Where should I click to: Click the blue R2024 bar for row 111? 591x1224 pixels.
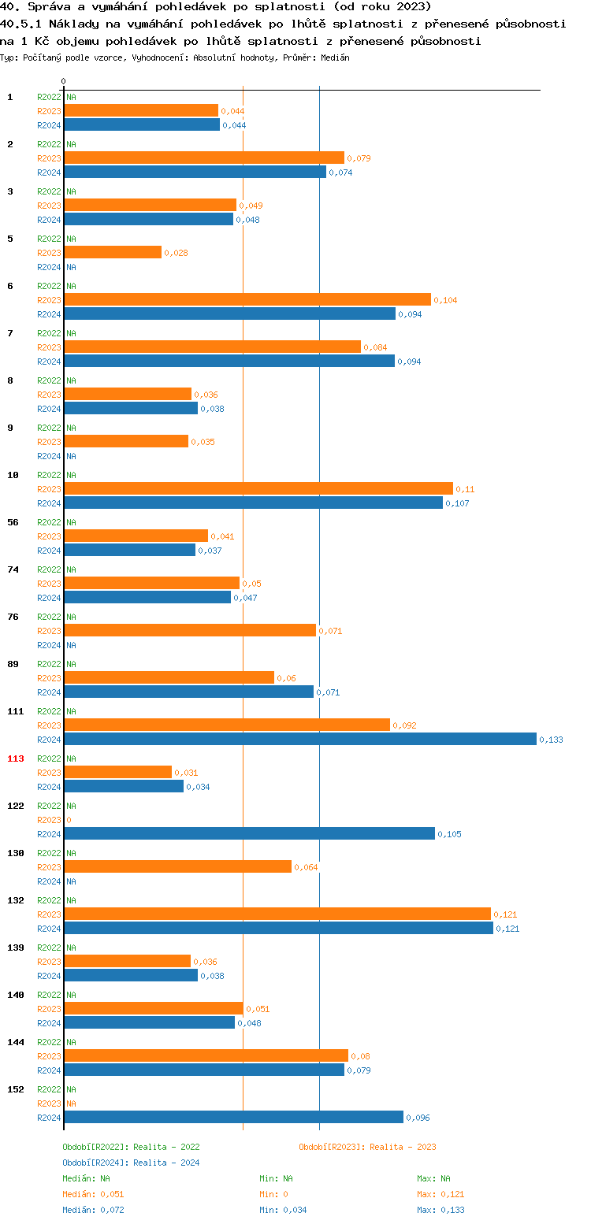300,739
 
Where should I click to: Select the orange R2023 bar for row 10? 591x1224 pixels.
258,488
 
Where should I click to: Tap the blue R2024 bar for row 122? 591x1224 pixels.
249,833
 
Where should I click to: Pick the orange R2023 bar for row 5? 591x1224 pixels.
113,252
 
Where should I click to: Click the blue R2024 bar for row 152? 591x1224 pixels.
233,1117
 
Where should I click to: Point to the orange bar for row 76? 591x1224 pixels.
190,630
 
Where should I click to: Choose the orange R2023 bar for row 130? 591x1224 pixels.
177,866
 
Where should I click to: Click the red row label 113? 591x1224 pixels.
16,759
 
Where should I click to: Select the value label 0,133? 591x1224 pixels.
551,740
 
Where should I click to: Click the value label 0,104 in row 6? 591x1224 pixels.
445,300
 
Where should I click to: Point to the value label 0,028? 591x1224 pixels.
176,253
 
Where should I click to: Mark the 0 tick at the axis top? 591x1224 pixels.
63,81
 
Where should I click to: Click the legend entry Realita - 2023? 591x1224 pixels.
367,1147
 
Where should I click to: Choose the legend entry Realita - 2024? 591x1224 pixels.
131,1163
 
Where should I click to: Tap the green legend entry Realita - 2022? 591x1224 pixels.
131,1147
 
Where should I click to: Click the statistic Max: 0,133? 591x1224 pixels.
440,1210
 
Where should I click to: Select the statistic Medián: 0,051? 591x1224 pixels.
93,1194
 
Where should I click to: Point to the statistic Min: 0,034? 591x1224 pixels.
284,1210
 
